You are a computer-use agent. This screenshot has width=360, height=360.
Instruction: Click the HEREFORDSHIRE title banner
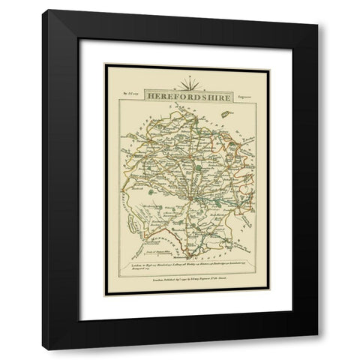(x=180, y=97)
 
